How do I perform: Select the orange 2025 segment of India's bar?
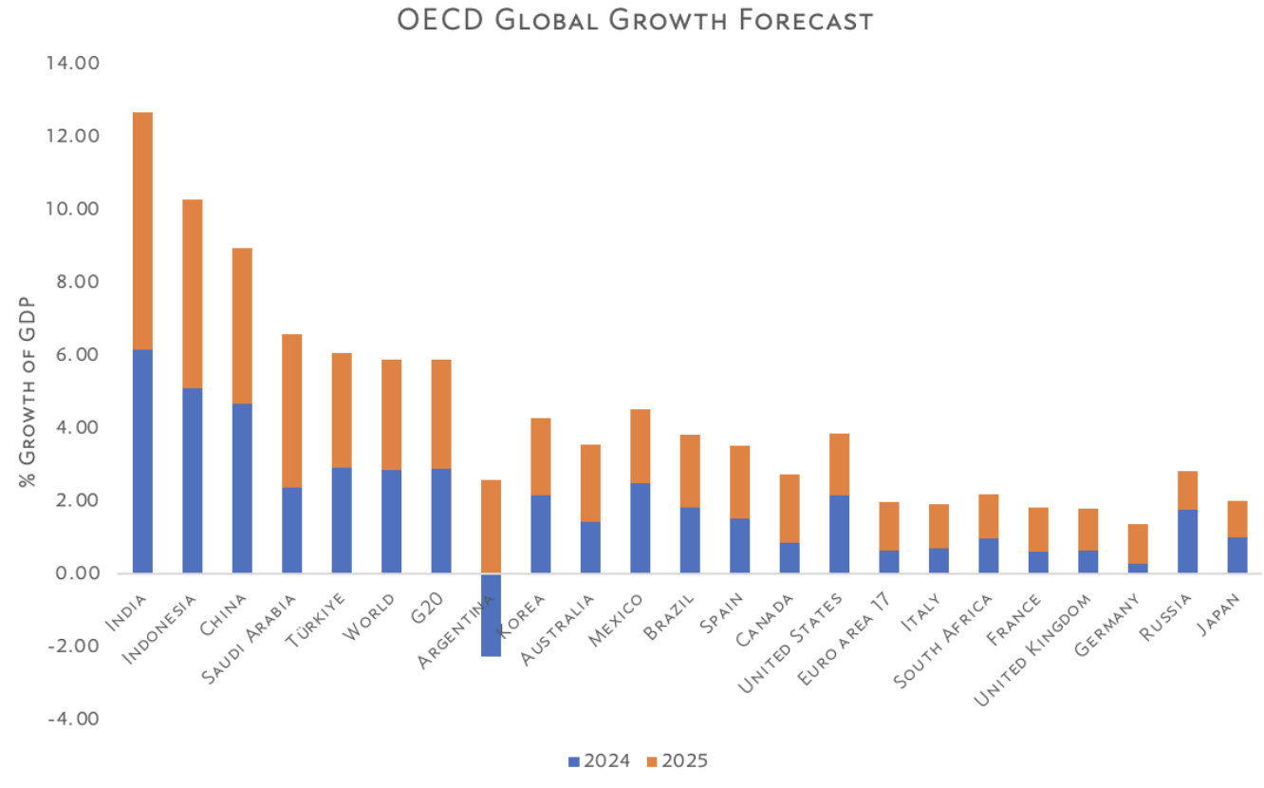(142, 231)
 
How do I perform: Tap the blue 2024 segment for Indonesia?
(192, 480)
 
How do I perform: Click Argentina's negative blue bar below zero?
(491, 614)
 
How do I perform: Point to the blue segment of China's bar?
(242, 488)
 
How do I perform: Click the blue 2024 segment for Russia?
(1187, 541)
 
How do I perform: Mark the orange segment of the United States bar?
(839, 464)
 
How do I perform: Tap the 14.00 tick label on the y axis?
(73, 64)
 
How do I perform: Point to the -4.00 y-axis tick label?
(73, 719)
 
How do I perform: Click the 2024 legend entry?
(599, 760)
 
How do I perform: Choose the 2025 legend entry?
(677, 760)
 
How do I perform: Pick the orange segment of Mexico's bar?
(640, 446)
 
